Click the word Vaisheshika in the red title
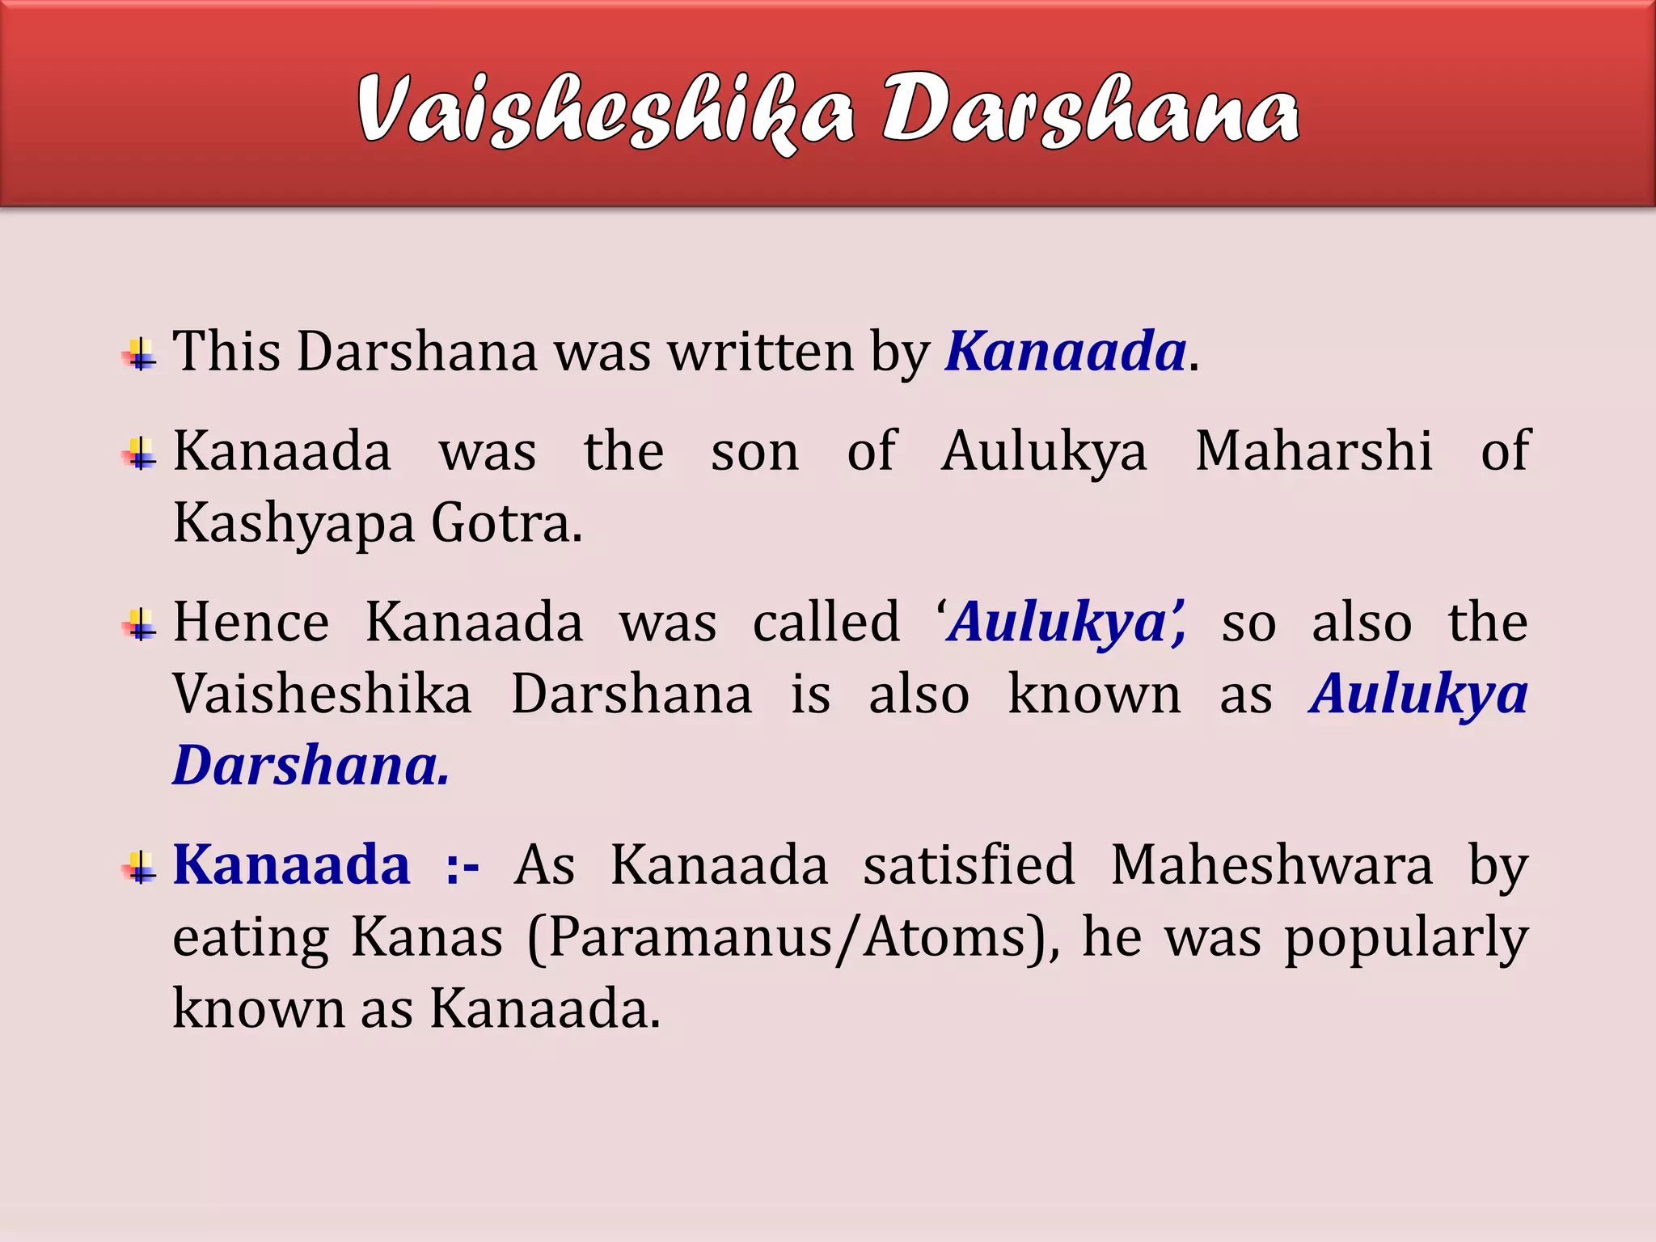pos(605,112)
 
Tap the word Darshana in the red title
pos(1090,112)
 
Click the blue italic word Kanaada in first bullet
pos(1066,352)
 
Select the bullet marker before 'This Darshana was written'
pos(141,355)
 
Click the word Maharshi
pos(1314,450)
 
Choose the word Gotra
pos(506,523)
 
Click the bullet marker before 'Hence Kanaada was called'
pos(141,625)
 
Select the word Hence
pos(251,623)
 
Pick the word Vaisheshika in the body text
pos(322,695)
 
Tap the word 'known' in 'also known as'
pos(1094,695)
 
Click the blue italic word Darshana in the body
pos(310,766)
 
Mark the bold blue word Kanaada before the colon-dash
pos(292,865)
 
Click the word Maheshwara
pos(1272,865)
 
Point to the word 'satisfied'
pos(969,865)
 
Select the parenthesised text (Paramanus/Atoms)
pos(793,938)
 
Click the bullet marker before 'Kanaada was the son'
pos(141,454)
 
